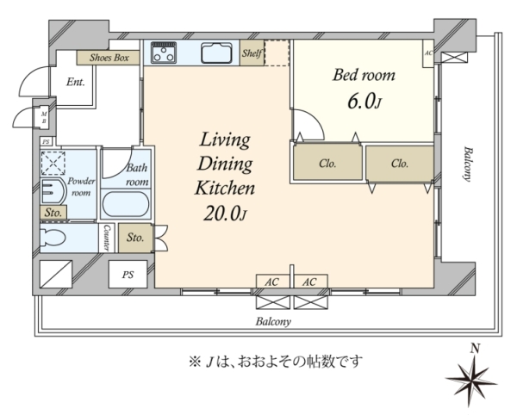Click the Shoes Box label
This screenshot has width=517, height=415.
click(109, 58)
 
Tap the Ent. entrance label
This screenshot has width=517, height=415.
click(76, 82)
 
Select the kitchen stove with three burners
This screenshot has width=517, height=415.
click(164, 53)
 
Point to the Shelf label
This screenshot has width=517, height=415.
click(252, 53)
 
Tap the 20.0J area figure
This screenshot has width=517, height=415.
click(225, 214)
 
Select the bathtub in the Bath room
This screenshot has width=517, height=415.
click(126, 204)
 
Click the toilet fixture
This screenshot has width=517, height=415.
click(53, 237)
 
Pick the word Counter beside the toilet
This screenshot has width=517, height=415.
click(106, 238)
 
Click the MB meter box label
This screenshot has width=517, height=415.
click(44, 118)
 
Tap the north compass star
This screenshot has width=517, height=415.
click(471, 379)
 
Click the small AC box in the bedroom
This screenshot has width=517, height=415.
click(428, 53)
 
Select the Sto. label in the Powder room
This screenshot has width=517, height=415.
click(53, 213)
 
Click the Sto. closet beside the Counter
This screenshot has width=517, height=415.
click(135, 238)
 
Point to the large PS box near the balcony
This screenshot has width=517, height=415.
click(128, 274)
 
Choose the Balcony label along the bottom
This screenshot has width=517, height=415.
click(273, 321)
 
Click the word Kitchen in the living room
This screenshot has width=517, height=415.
click(225, 188)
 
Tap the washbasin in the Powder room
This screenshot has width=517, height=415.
click(53, 191)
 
